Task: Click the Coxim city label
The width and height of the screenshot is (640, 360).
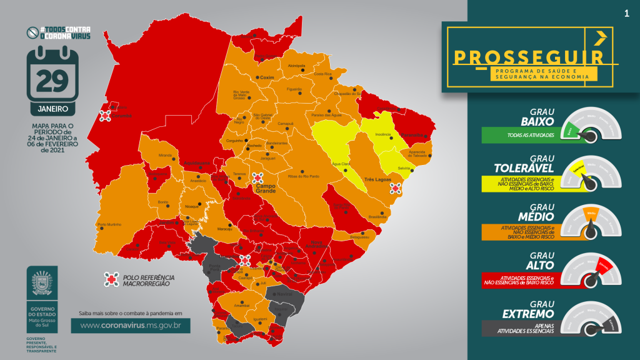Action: tap(267, 77)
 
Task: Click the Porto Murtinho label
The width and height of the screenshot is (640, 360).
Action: tap(109, 224)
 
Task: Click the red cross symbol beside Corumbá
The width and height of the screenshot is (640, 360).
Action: tap(106, 115)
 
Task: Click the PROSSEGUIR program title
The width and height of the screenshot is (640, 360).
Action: tap(528, 57)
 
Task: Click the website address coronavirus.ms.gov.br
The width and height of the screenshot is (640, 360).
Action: tap(130, 325)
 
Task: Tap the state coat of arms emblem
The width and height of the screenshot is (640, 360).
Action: tap(42, 282)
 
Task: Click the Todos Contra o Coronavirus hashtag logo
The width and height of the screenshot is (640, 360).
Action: tap(57, 32)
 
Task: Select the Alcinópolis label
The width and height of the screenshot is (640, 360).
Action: tap(296, 65)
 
